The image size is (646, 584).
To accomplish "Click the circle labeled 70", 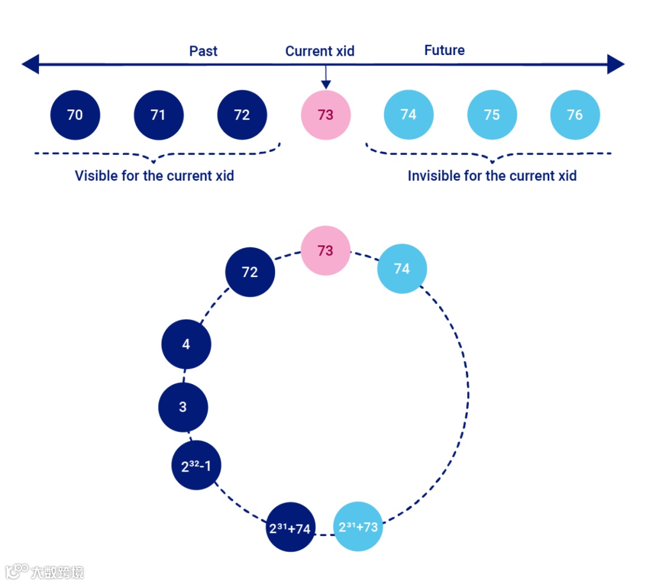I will click(x=75, y=114).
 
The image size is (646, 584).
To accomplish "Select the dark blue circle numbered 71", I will click(x=159, y=114).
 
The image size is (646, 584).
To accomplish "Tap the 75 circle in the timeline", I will click(x=492, y=114).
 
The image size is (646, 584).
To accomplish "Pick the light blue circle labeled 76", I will click(x=575, y=114).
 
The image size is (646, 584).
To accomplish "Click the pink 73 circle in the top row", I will click(x=325, y=114).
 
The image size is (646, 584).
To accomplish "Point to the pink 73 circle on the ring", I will click(x=325, y=250).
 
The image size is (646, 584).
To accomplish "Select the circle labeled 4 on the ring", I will click(x=186, y=345).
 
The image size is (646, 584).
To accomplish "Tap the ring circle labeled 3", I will click(x=183, y=407).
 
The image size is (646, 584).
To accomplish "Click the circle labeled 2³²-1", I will click(x=196, y=466).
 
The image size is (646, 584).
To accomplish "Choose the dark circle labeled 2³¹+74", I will click(x=290, y=528).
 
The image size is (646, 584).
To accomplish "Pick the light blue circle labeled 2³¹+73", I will click(x=358, y=527).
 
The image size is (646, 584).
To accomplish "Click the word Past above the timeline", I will click(x=203, y=51).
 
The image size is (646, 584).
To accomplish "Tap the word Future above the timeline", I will click(x=444, y=50).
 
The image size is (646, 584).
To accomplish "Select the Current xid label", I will click(x=320, y=51).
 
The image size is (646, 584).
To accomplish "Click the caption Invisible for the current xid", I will click(x=492, y=176).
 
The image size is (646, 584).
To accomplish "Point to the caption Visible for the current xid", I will click(x=154, y=176).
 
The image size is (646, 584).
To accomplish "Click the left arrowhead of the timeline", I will click(x=30, y=64).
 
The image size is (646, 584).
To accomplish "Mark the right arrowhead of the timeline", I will click(x=616, y=64).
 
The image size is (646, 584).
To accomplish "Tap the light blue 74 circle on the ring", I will click(x=402, y=269).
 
